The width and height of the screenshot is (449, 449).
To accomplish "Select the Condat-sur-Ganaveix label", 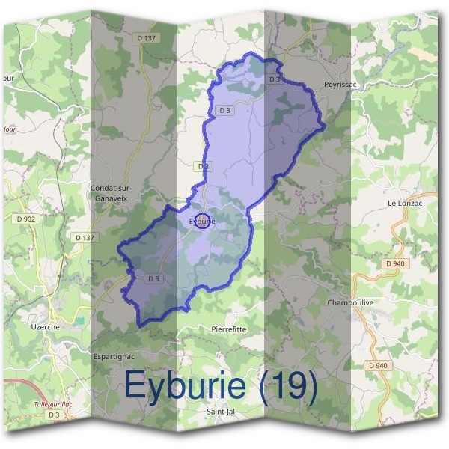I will coord(111,193).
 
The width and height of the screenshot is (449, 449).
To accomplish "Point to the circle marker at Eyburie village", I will coord(202,221).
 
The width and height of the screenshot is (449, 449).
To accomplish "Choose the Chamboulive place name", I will coord(349,302).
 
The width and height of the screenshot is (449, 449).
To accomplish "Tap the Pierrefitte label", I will coord(229,329).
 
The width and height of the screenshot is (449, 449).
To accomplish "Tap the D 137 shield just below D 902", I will coord(86,237).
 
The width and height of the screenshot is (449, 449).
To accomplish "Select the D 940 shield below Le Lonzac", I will coord(394,264).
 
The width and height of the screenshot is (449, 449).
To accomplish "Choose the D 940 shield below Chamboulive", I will coord(378,365).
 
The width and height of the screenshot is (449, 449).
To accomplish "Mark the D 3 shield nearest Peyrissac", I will coord(274,79).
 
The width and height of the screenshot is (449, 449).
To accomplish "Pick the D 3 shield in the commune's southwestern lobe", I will coord(154,278).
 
